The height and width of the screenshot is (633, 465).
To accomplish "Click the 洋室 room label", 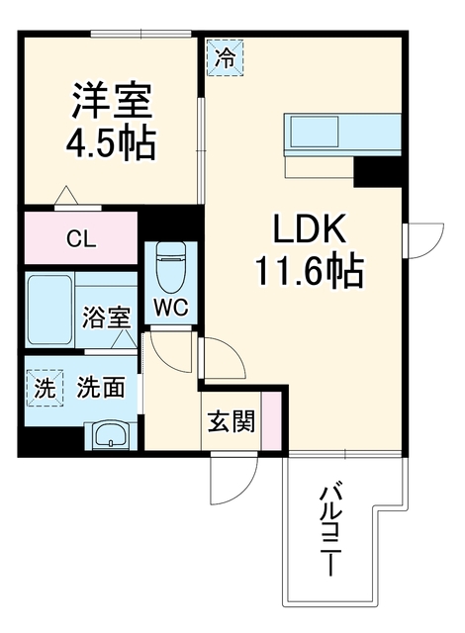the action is (x=112, y=101).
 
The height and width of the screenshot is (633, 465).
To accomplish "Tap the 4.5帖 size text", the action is (x=111, y=142).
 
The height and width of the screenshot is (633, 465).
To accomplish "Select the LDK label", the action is (x=310, y=228).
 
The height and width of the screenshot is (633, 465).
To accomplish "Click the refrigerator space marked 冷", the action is (x=225, y=57).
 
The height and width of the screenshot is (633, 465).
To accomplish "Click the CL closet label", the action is (x=81, y=239).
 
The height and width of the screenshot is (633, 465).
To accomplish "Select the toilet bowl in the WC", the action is (x=171, y=267).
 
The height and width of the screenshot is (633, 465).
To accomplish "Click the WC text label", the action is (x=171, y=309).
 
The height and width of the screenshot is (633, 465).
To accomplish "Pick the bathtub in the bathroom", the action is (x=50, y=311).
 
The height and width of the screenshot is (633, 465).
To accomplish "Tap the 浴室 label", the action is (x=107, y=317).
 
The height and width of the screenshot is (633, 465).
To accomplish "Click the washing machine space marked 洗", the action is (x=45, y=388).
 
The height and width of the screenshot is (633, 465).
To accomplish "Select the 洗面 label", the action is (x=101, y=388).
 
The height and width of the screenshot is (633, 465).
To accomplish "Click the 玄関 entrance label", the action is (x=232, y=421).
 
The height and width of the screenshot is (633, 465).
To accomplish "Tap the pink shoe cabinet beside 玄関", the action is (x=271, y=420).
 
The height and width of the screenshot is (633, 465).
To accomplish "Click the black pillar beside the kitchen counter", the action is (x=377, y=172).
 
